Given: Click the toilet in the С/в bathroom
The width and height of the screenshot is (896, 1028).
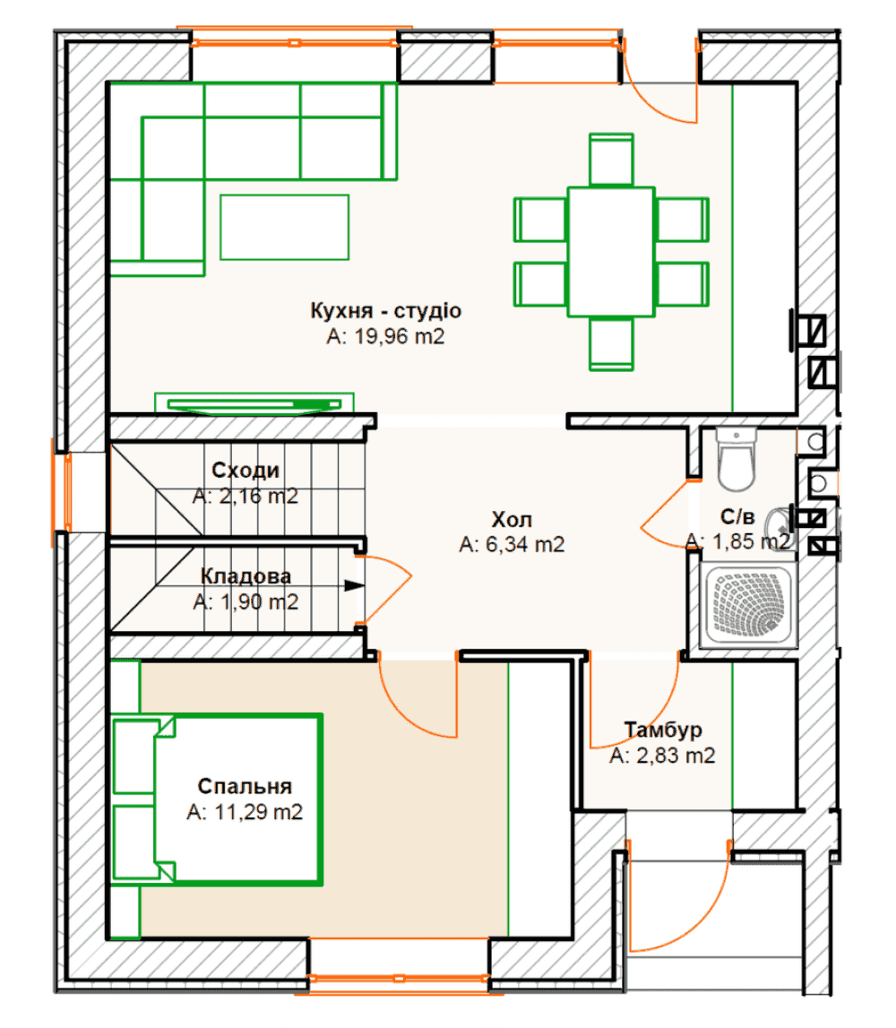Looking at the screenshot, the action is tap(737, 459).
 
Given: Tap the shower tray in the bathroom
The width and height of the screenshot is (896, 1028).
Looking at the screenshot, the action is tap(748, 605).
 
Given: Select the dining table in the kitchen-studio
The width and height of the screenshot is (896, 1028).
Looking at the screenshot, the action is tap(611, 252).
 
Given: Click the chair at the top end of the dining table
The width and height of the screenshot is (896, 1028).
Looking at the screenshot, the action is tap(611, 160).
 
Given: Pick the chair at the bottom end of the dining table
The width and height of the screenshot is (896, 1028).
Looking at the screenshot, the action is tap(611, 343).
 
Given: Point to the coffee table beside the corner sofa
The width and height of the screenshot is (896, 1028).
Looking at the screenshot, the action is tap(284, 227).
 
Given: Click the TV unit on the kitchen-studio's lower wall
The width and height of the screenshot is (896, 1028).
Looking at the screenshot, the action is tap(254, 404).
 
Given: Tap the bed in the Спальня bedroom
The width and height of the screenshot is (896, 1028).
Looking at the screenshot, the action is tap(217, 799).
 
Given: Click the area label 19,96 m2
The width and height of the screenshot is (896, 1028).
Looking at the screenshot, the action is tap(385, 336).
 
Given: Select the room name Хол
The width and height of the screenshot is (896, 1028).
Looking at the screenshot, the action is tap(512, 519).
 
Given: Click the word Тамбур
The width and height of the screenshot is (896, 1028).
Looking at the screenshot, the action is tap(663, 729).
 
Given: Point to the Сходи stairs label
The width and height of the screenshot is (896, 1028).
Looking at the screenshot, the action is tap(246, 470).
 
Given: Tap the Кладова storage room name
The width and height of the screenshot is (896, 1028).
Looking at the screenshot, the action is tap(246, 575).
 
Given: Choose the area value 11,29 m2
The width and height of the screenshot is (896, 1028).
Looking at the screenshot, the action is tap(245, 812).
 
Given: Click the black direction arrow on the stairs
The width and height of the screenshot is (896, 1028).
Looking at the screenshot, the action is tap(355, 585).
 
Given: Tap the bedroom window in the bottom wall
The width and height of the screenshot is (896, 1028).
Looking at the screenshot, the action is tap(399, 978).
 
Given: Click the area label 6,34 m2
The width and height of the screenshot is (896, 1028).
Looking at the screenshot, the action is tap(512, 544).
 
